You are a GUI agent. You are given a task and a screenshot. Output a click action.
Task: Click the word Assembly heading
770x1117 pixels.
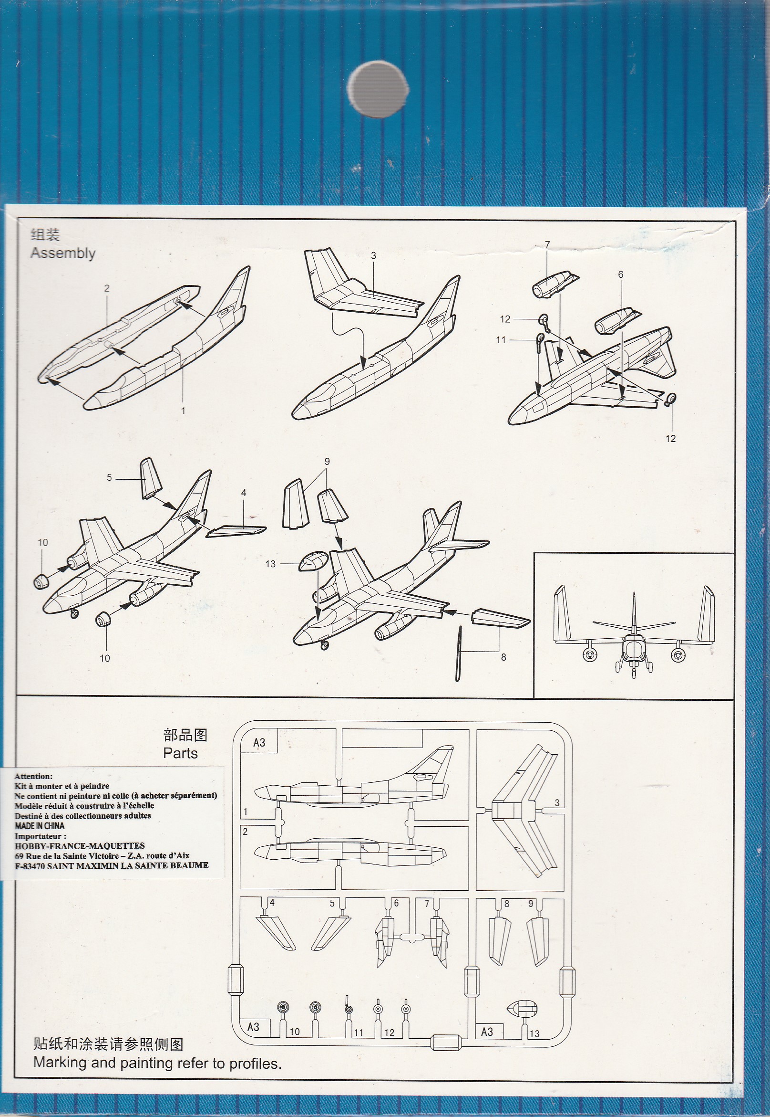point(63,253)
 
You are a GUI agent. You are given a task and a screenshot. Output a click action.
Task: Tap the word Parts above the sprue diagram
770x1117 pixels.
point(180,753)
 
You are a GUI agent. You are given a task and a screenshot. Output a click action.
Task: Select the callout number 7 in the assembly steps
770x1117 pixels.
point(547,245)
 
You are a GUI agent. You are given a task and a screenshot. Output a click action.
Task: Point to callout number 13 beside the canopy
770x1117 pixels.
point(270,564)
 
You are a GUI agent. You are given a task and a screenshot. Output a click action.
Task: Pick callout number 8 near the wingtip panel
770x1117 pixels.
point(503,657)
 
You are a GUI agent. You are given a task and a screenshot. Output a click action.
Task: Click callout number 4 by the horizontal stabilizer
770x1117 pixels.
point(244,493)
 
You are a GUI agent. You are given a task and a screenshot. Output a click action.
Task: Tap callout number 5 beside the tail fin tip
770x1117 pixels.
point(109,478)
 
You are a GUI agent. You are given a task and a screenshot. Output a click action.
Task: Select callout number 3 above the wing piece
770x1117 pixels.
point(373,255)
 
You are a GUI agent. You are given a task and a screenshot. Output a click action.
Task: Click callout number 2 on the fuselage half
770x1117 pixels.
point(107,288)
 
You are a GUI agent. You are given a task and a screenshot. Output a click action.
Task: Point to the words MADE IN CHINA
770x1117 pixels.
point(40,826)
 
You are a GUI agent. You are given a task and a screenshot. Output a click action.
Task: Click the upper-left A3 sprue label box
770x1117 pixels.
point(259,742)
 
